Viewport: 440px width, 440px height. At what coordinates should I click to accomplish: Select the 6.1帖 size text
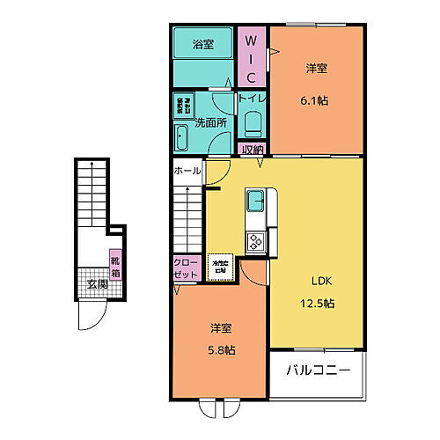coord(317,99)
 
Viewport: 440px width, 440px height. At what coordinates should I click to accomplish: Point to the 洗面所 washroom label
coord(211,123)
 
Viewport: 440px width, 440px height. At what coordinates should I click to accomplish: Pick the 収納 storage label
coord(253,149)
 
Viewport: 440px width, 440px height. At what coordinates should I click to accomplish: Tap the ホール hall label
coord(187,170)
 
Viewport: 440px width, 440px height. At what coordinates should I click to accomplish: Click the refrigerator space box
coord(218,267)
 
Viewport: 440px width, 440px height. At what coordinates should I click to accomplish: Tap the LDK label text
coord(317,282)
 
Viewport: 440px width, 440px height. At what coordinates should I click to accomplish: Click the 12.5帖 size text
coord(317,304)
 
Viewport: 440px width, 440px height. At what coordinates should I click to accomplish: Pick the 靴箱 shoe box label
coord(114,264)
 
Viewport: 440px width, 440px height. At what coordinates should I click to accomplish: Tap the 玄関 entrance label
coord(97,283)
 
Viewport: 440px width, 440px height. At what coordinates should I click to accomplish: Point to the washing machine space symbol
coord(184,105)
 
